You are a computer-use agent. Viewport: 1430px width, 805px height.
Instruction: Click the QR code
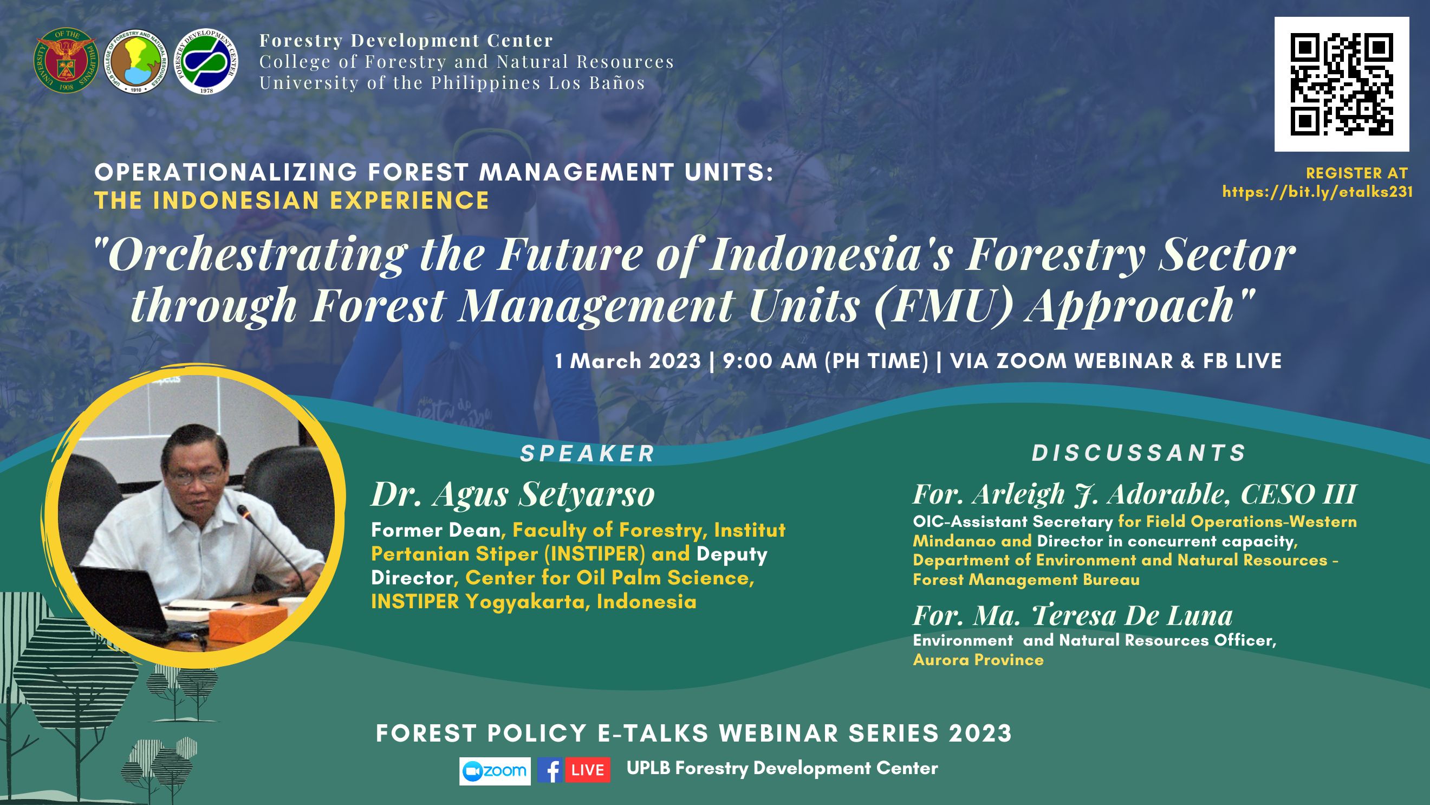click(1341, 84)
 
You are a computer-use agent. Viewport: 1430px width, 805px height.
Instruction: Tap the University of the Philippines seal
click(66, 61)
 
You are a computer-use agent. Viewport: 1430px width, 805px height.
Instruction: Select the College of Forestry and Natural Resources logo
click(136, 61)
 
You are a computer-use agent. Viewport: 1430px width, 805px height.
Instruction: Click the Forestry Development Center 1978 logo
click(206, 61)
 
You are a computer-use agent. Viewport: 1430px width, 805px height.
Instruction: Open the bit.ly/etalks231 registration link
click(1317, 192)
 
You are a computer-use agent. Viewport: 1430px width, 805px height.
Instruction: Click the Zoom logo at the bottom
click(495, 770)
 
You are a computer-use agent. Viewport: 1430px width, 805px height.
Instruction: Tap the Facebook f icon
click(550, 770)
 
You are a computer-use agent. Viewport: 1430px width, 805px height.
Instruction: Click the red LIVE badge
click(587, 770)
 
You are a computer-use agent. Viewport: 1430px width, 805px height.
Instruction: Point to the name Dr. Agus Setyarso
click(513, 494)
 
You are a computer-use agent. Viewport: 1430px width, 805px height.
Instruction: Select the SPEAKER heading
click(588, 454)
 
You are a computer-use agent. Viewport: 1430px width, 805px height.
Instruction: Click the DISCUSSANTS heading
click(1140, 453)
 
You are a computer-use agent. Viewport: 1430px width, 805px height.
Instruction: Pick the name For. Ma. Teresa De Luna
click(1073, 615)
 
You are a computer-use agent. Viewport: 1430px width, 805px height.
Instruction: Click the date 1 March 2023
click(628, 361)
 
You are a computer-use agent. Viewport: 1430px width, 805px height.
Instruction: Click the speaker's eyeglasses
click(194, 476)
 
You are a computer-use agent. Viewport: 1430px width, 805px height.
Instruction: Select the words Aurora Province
click(978, 660)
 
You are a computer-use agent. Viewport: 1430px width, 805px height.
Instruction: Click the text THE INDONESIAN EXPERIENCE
click(292, 200)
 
